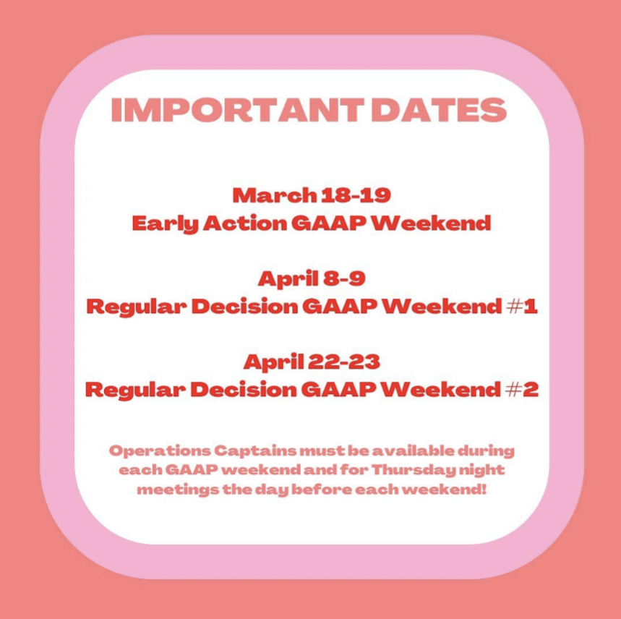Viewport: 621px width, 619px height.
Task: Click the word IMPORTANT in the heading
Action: pos(237,110)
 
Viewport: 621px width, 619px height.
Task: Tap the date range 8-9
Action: pos(344,278)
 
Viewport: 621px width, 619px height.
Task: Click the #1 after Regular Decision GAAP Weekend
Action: pos(522,307)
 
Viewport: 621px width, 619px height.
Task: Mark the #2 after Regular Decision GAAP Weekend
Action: pos(523,390)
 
